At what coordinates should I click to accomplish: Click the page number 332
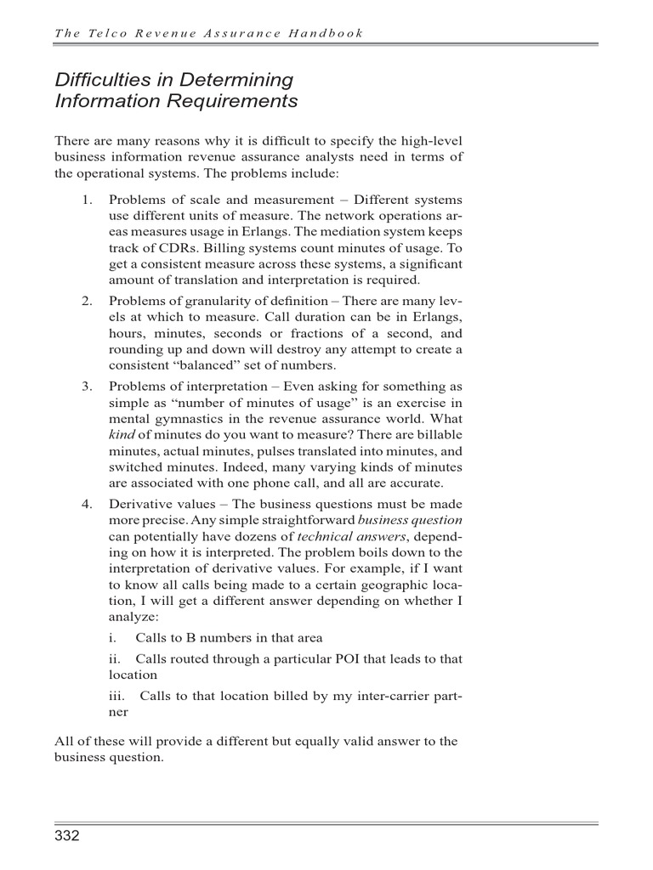[x=67, y=837]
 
